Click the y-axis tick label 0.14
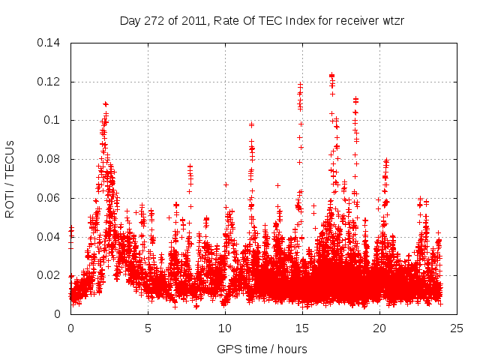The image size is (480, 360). point(52,42)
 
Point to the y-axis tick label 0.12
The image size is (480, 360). point(52,81)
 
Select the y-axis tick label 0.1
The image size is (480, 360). point(55,120)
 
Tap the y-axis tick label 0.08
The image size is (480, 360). point(52,159)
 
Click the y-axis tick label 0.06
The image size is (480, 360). point(52,198)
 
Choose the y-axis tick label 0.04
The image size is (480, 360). point(52,237)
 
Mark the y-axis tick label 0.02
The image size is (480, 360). point(52,275)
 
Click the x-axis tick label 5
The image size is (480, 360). point(148,328)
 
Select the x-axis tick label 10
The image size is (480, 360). point(225,328)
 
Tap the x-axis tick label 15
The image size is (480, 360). point(302,328)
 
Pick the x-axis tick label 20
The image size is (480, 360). point(379,328)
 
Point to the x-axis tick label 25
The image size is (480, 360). point(457,328)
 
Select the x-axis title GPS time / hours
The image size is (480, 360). point(262,349)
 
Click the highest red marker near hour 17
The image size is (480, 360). point(331,75)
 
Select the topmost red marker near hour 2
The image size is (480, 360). point(106,104)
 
